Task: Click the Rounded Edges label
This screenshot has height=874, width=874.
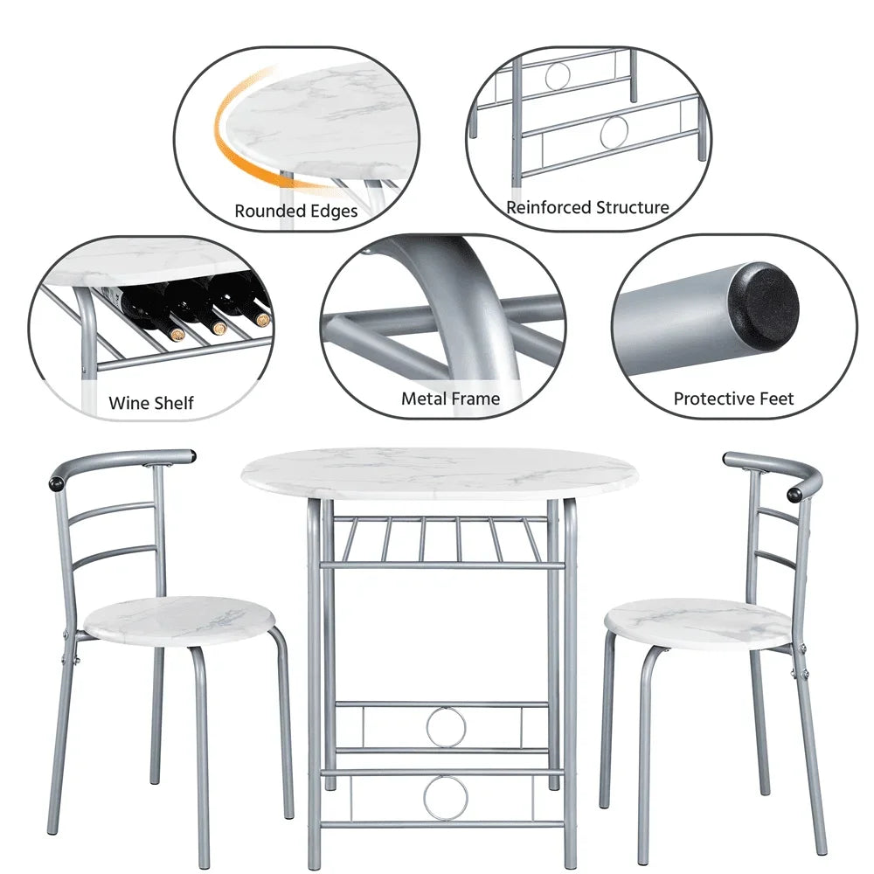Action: tap(295, 212)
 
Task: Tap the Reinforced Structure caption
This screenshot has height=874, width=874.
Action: tap(587, 208)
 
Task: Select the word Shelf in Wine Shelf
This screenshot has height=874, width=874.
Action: tap(174, 404)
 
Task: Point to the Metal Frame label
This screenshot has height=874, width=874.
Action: tap(450, 399)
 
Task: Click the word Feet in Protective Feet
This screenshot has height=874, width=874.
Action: tap(775, 399)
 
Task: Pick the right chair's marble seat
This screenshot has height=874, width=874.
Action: tap(697, 622)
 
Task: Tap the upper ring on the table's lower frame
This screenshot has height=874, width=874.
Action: tap(446, 726)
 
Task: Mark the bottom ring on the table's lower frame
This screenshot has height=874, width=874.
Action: tap(446, 797)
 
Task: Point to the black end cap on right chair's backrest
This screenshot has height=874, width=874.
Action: tap(794, 495)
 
